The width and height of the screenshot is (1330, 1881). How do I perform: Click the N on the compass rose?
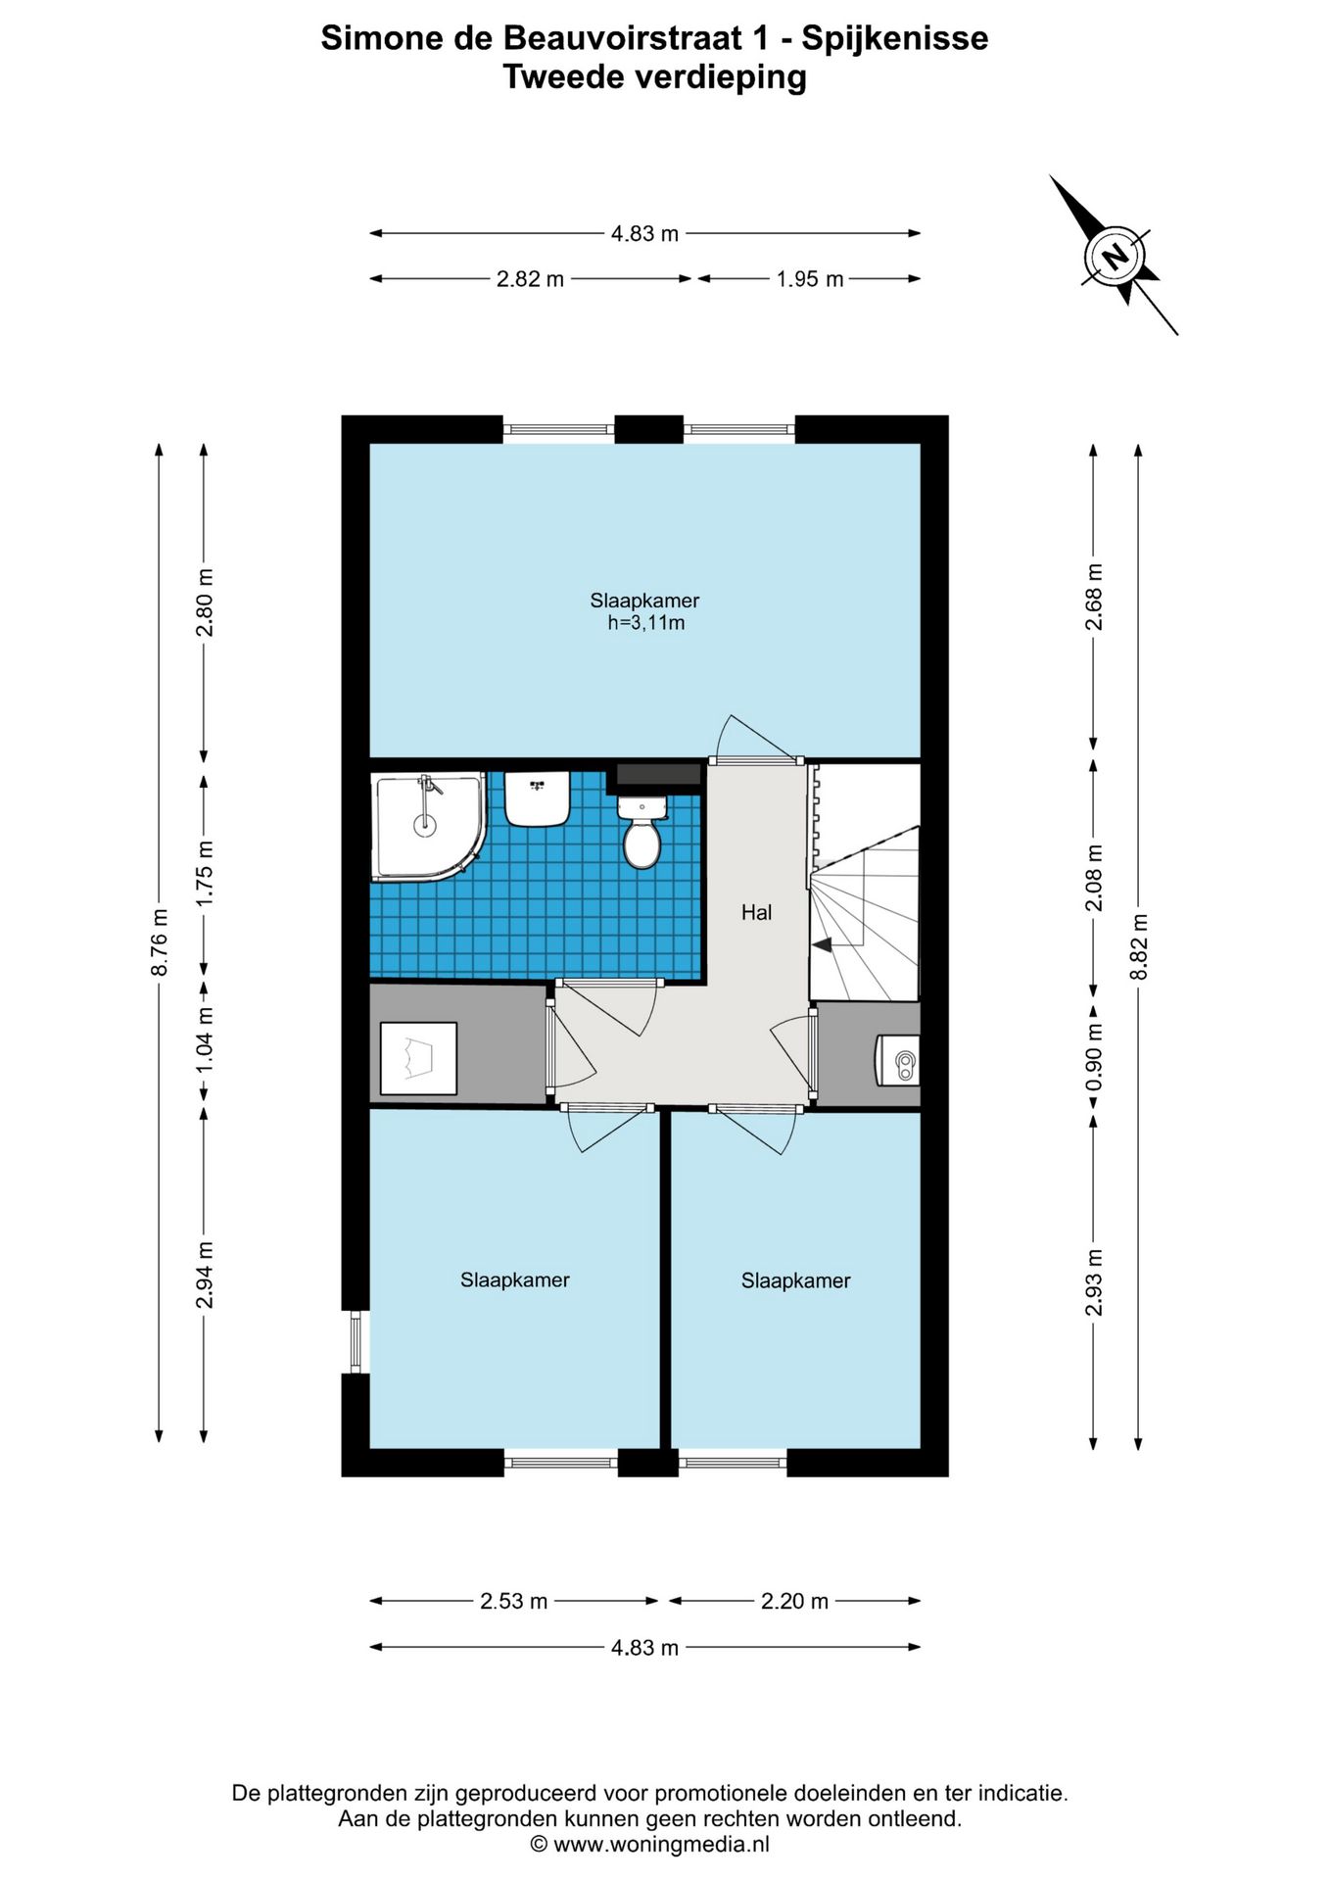(x=1115, y=257)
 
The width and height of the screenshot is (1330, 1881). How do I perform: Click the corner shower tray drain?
(x=424, y=825)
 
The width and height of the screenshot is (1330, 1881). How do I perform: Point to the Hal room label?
(x=756, y=913)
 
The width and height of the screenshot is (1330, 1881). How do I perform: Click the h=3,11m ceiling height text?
(x=645, y=623)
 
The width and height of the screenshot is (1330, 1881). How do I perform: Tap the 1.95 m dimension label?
(x=810, y=279)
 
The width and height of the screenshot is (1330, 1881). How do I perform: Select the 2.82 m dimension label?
(x=530, y=279)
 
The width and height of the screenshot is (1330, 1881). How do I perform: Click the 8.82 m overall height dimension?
(x=1138, y=946)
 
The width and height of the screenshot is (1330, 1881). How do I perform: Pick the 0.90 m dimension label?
(x=1094, y=1058)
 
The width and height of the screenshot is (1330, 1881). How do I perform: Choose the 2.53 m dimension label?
(x=513, y=1602)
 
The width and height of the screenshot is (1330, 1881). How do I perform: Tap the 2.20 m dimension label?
(x=794, y=1602)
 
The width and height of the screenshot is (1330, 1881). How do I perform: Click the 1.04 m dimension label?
(x=204, y=1039)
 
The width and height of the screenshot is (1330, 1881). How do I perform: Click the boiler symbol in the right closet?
(x=897, y=1061)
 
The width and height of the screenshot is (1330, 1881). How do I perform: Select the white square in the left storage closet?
(x=418, y=1058)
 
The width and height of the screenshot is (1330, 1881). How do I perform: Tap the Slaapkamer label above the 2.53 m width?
(x=515, y=1280)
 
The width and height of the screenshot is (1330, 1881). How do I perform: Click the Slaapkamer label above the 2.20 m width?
(x=795, y=1281)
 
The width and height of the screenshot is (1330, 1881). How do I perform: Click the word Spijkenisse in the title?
(x=895, y=38)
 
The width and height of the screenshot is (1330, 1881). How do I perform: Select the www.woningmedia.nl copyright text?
(x=650, y=1845)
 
